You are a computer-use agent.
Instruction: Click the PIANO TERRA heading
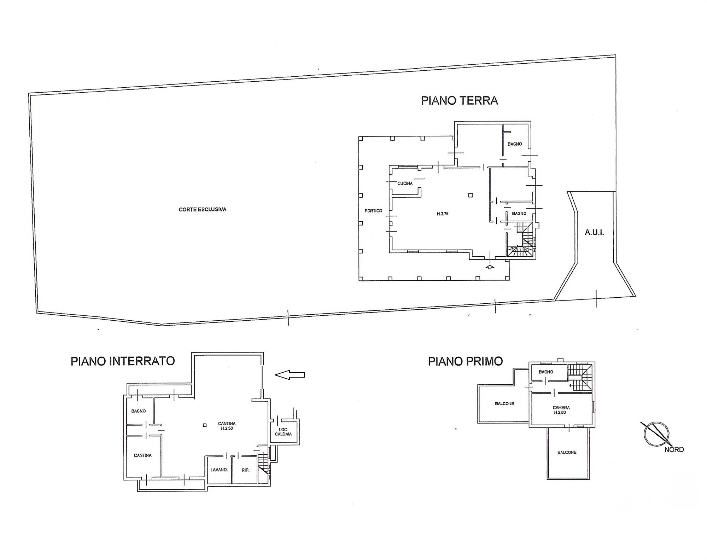[459, 101]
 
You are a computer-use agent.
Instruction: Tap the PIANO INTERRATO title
[123, 361]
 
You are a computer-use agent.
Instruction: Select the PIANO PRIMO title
[465, 361]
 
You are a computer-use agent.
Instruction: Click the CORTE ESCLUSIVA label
[203, 209]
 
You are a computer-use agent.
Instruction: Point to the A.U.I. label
[594, 233]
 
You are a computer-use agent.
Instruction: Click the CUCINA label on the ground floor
[405, 183]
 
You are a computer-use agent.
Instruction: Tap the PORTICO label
[373, 211]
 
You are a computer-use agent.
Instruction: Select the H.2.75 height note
[443, 214]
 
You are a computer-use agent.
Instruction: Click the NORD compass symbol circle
[656, 434]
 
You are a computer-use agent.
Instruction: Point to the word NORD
[674, 450]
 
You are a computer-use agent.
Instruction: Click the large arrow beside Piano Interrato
[290, 375]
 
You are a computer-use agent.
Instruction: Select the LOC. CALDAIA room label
[283, 432]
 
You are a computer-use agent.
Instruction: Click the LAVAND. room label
[219, 470]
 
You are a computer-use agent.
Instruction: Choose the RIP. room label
[245, 470]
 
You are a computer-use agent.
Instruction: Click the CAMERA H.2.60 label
[561, 410]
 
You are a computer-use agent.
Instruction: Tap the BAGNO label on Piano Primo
[546, 372]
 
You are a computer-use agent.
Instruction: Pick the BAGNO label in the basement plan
[138, 411]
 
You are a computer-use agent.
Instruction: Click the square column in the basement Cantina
[205, 425]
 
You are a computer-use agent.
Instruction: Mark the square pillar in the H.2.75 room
[471, 195]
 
